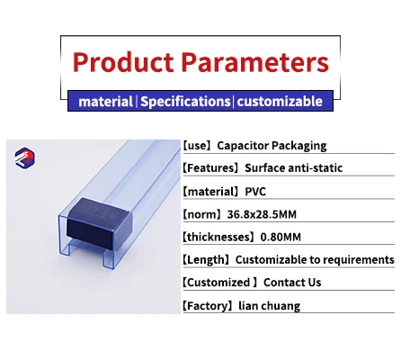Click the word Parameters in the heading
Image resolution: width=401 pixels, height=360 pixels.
coord(254,62)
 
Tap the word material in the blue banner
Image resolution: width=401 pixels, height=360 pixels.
coord(105,102)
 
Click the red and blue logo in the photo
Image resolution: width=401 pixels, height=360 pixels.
coord(27,159)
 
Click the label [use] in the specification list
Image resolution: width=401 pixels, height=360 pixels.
coord(198,145)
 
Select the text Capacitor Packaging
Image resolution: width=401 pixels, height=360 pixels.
coord(272,145)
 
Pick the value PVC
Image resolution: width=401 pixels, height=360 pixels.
coord(260,191)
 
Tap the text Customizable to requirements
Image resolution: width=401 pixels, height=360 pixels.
coord(320,260)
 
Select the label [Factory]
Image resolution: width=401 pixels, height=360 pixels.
coord(209,306)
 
